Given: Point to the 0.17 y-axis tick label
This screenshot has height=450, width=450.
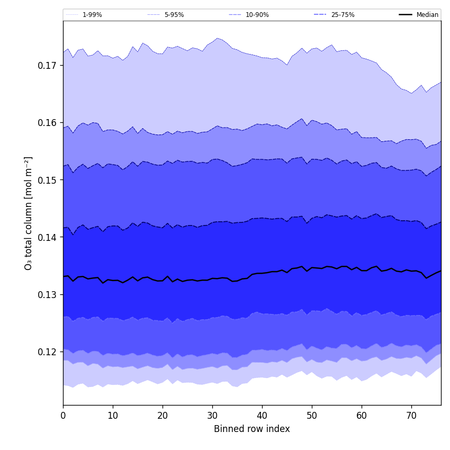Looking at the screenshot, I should tap(48, 66).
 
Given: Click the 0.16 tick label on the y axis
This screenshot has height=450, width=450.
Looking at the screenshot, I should tap(48, 123).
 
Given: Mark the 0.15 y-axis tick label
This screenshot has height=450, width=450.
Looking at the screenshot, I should tap(48, 180).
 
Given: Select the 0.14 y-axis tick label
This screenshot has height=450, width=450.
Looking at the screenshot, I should tap(48, 237).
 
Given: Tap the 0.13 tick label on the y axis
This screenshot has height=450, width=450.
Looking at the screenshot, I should tap(48, 294).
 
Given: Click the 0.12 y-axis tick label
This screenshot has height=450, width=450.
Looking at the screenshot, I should tap(48, 352).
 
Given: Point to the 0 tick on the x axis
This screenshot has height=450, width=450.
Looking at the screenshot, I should tap(63, 416).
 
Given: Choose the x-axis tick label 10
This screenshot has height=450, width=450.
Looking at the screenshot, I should tap(113, 416).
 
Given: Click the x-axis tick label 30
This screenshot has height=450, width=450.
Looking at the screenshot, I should tap(212, 416).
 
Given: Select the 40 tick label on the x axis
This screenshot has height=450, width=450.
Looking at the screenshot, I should tap(262, 416).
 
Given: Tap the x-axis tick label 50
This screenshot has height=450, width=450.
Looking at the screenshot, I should tap(312, 416).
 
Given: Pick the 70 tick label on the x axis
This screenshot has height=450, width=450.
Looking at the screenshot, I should tap(411, 416).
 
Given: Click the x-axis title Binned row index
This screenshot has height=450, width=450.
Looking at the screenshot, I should tap(252, 429).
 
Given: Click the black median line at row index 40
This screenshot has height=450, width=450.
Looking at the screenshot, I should tap(262, 273).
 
